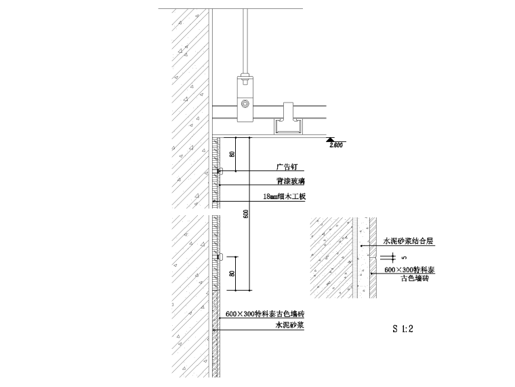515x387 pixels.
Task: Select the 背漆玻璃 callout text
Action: click(288, 181)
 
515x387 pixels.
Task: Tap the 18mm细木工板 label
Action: click(285, 197)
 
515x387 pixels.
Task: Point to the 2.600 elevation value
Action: click(336, 145)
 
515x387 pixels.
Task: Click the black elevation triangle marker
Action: click(331, 139)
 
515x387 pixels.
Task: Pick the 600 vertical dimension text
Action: click(246, 214)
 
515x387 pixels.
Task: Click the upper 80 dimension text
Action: click(232, 154)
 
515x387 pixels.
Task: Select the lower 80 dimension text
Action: click(232, 274)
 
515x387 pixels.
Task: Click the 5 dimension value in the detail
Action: click(405, 257)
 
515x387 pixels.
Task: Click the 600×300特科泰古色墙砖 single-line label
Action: click(265, 314)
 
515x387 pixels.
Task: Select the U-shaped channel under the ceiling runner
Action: click(287, 124)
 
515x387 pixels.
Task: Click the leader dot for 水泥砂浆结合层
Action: click(362, 245)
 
